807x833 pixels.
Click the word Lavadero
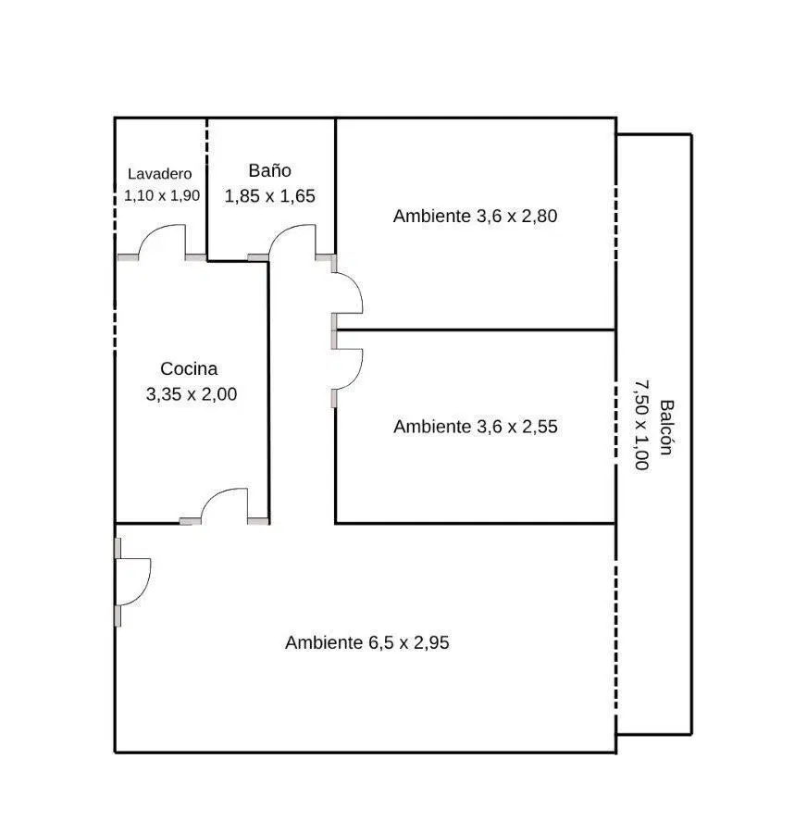tap(159, 174)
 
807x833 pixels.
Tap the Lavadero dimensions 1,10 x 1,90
tap(162, 195)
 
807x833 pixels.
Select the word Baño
tap(270, 170)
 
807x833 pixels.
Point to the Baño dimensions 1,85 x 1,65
tap(270, 196)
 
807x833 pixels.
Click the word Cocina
tap(189, 368)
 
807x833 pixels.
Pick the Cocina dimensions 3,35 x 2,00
tap(192, 394)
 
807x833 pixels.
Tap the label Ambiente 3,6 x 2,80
tap(475, 217)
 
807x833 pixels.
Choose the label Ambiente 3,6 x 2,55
tap(476, 427)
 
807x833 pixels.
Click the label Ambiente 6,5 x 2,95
tap(367, 643)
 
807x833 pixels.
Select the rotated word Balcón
tap(666, 428)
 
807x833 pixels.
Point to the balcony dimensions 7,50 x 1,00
tap(641, 425)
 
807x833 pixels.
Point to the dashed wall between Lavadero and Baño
tap(207, 139)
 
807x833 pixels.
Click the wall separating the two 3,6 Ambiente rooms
tap(476, 330)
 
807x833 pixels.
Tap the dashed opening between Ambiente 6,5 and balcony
tap(616, 632)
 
